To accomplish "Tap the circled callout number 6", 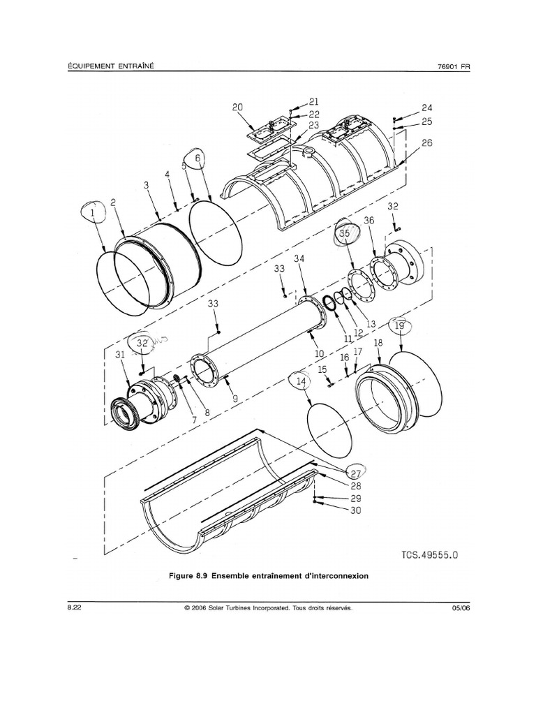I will (198, 159).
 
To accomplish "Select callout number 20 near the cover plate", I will (237, 108).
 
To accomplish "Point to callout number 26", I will (426, 143).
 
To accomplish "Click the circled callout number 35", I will (344, 234).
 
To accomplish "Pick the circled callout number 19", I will (399, 326).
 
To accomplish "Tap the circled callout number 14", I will (301, 382).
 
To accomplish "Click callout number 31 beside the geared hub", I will (119, 355).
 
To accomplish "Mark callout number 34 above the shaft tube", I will (299, 260).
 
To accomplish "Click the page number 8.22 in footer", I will (75, 608).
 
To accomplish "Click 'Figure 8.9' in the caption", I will (189, 577).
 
